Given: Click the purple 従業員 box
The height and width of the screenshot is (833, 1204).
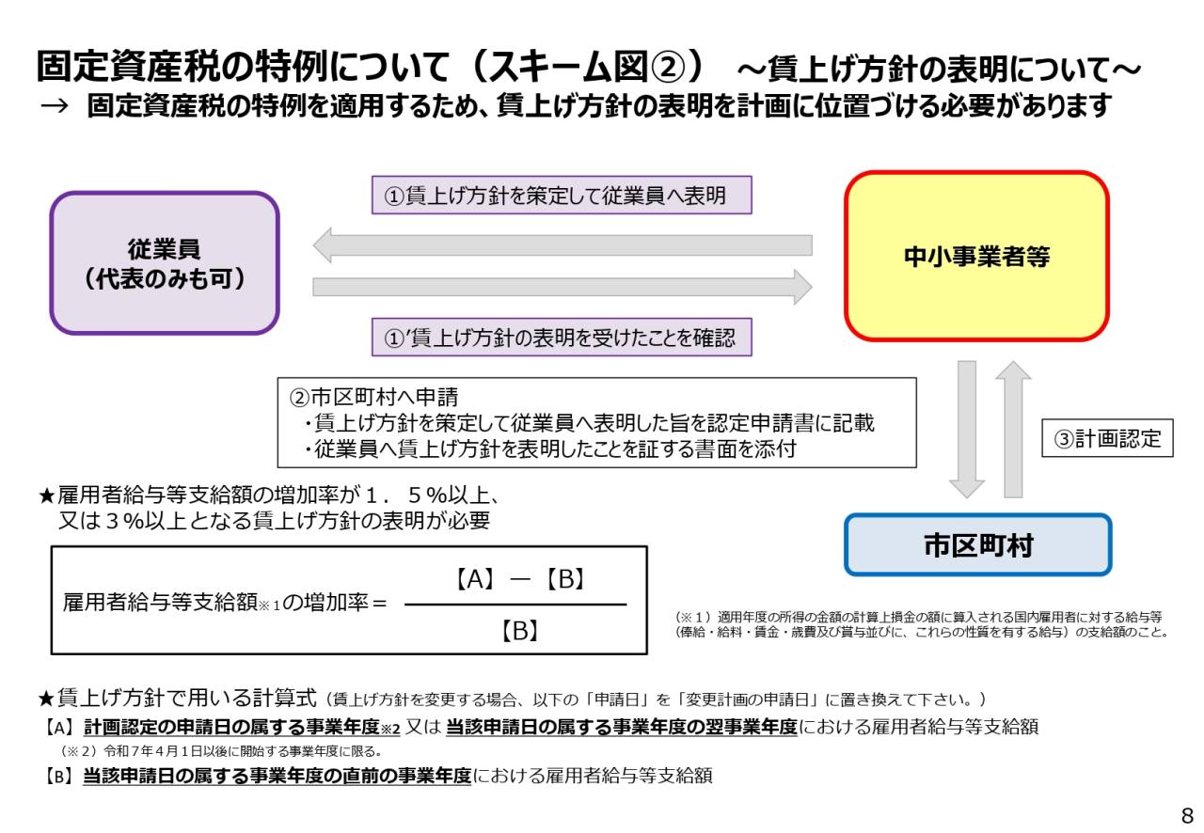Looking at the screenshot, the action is coord(165,263).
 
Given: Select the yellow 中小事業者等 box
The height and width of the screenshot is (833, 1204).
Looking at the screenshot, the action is coord(976,256).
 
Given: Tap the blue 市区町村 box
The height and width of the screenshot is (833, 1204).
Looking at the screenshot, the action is coord(977,545).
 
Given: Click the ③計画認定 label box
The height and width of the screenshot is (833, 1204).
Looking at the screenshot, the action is coord(1107,438).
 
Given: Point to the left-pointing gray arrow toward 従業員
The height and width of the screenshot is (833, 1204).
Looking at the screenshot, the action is coord(562,245).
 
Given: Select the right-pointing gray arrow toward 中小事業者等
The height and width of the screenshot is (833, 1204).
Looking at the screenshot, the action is coord(562,287).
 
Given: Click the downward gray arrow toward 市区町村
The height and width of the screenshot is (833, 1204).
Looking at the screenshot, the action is coord(966,430).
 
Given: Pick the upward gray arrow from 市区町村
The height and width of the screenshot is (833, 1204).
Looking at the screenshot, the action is coord(1013,430).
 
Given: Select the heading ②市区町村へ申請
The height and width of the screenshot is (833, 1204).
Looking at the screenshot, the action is coord(373,397).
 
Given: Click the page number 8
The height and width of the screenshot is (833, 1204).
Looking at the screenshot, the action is coord(1187,815).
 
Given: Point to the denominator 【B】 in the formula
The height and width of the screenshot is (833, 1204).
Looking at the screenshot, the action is coord(520,631).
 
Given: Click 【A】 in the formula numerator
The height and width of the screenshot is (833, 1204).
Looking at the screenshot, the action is coord(475,579).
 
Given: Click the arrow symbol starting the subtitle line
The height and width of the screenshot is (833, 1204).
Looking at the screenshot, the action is coord(55,106).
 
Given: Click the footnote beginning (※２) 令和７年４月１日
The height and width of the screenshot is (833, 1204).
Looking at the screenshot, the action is coord(221,751).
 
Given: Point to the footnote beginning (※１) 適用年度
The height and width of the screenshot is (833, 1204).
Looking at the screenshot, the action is coord(923,624).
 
